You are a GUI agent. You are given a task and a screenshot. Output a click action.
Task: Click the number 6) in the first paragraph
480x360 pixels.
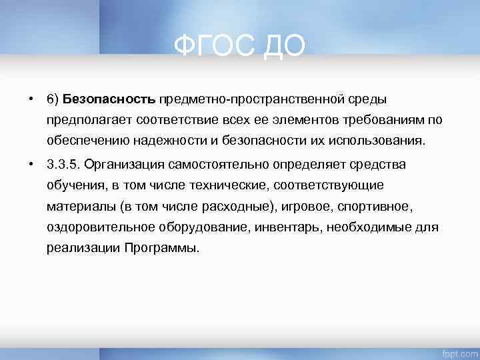tap(53, 99)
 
